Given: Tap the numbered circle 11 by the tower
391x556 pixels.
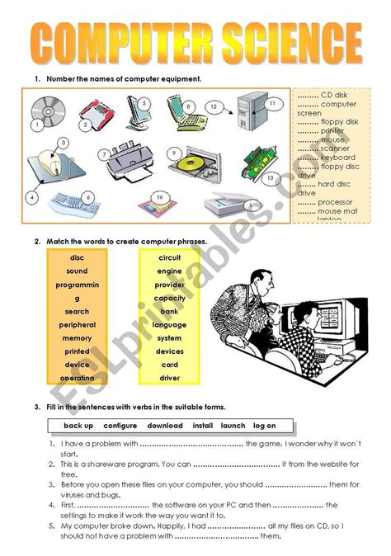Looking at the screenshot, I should point(271,102).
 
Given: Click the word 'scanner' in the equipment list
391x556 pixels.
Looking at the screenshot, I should point(335,148).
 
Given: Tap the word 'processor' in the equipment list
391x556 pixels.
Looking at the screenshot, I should point(337,201).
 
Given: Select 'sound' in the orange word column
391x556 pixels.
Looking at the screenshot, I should point(77,271).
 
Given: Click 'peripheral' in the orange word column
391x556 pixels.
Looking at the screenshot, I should point(77,325).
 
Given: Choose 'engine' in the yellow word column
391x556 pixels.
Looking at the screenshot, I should point(170,271).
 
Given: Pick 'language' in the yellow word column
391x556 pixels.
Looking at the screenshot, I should point(170,325).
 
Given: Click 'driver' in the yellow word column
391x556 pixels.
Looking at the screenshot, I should point(170,379).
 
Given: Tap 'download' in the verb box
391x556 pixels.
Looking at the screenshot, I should point(165,426).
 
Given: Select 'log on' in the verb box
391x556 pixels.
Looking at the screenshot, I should point(264,426).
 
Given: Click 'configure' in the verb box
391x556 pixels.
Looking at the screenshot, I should point(120,426).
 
